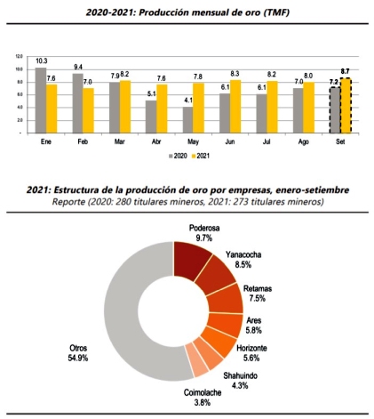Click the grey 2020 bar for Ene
click(x=41, y=101)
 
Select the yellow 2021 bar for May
click(x=199, y=108)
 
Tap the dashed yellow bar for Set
click(x=346, y=105)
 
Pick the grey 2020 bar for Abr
click(x=151, y=117)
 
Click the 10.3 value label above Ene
click(x=41, y=61)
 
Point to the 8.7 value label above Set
click(x=345, y=71)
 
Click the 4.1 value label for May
click(x=188, y=101)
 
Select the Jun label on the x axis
click(x=230, y=141)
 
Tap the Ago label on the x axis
click(x=304, y=141)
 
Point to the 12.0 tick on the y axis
click(x=19, y=56)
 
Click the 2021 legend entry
click(x=201, y=156)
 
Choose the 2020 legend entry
click(x=178, y=156)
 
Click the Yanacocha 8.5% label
click(x=243, y=260)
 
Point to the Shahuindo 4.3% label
click(x=240, y=381)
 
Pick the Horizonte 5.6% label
click(x=251, y=353)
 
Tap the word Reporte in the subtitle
click(x=68, y=202)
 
